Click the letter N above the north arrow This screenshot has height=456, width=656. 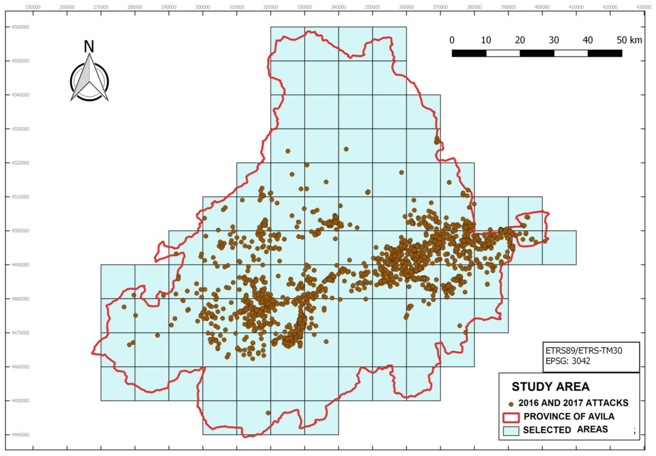point(89,47)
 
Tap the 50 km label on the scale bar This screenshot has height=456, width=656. point(629,40)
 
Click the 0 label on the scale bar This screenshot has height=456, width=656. point(452,40)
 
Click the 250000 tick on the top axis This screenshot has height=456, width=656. point(33,7)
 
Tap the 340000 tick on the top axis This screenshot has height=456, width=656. point(338,7)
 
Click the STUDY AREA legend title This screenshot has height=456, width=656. point(550,387)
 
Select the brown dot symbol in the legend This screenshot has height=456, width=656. point(511,404)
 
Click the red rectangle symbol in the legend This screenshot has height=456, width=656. point(511,417)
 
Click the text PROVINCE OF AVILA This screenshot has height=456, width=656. point(569,416)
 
